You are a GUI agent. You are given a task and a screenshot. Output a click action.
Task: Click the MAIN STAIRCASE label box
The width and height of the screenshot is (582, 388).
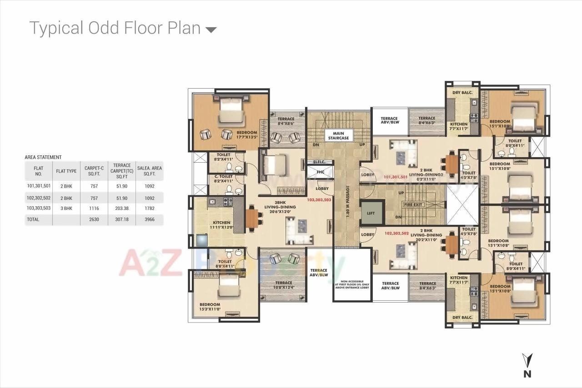[x=338, y=135]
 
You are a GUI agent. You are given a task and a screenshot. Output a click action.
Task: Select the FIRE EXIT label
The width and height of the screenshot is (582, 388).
[x=414, y=204]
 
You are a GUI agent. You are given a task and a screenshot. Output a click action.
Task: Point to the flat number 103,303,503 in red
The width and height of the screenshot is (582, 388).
[x=319, y=199]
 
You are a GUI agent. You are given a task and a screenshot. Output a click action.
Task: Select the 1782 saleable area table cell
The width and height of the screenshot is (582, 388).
[x=149, y=208]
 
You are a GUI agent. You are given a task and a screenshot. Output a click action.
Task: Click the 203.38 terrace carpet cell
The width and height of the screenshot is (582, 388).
[x=121, y=208]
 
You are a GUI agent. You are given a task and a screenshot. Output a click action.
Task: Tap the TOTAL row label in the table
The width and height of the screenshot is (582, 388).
[x=33, y=219]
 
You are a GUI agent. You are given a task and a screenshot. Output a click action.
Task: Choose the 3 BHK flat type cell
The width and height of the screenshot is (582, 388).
[x=66, y=208]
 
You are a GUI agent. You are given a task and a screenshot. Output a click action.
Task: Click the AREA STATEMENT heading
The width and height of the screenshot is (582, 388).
[x=43, y=157]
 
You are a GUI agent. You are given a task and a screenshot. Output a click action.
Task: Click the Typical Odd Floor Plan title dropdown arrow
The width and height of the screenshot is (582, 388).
[x=211, y=30]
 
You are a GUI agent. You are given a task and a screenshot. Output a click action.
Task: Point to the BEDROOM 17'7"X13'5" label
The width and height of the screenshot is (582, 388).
[x=247, y=135]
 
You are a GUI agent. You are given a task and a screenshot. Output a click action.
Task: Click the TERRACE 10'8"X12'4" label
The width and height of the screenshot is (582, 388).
[x=283, y=285]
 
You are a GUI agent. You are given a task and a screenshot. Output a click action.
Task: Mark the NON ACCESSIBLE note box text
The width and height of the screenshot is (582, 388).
[x=352, y=284]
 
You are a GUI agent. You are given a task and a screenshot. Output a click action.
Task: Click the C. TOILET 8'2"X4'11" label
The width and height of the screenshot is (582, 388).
[x=223, y=179]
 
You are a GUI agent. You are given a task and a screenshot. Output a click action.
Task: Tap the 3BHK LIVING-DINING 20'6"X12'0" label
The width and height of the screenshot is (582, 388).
[x=280, y=207]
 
